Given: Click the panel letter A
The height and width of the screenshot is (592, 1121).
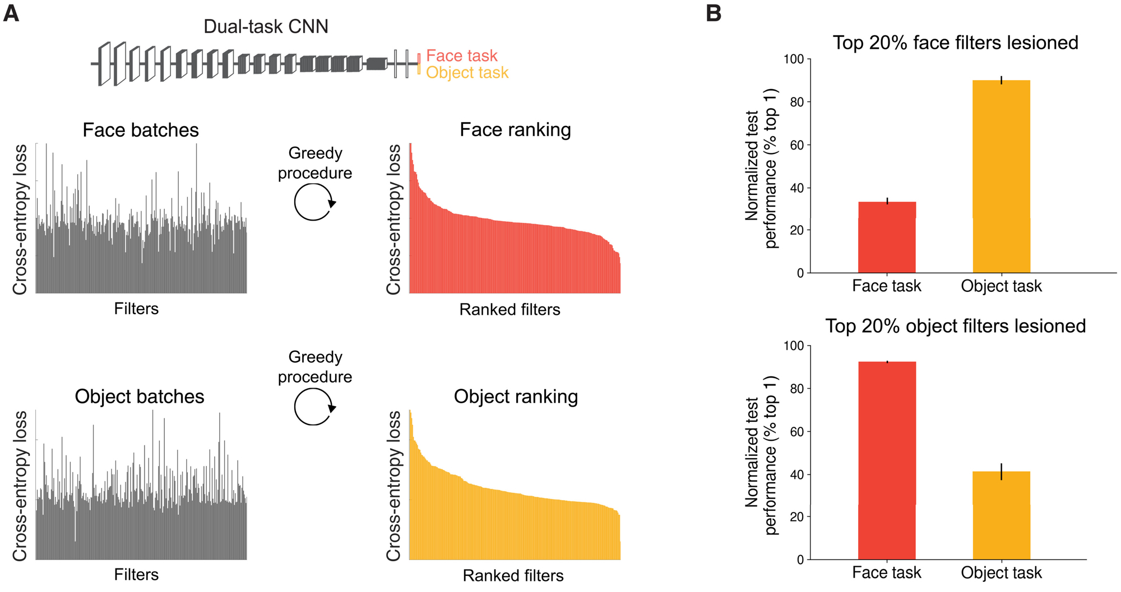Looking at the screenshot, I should [11, 13].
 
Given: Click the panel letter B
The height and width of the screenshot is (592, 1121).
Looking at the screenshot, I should [714, 13].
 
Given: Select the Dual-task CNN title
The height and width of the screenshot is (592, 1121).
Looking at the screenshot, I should [266, 26].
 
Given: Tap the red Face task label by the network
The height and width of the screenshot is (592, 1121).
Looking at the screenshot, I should [461, 55].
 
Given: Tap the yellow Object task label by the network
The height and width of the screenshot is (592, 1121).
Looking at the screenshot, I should [467, 73].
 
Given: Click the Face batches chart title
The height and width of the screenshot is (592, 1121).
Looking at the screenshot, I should [141, 130].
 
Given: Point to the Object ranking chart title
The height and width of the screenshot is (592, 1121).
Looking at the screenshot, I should [516, 397].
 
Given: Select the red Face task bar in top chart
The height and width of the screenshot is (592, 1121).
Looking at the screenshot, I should [887, 237].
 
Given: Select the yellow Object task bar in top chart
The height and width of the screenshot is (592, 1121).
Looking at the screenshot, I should [1001, 176].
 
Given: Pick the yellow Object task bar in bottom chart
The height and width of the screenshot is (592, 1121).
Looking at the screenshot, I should [1001, 515].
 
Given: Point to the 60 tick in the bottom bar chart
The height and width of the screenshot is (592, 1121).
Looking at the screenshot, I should [797, 431].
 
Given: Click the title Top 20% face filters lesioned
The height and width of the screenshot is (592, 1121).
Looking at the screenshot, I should [955, 43].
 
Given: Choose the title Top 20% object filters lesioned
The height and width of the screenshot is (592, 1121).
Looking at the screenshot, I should [955, 326].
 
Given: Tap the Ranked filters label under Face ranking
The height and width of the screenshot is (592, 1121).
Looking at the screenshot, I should [509, 309].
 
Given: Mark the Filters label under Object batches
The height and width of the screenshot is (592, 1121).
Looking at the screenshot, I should [136, 575].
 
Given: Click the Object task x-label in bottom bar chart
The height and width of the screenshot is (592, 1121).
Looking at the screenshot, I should [1001, 572].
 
